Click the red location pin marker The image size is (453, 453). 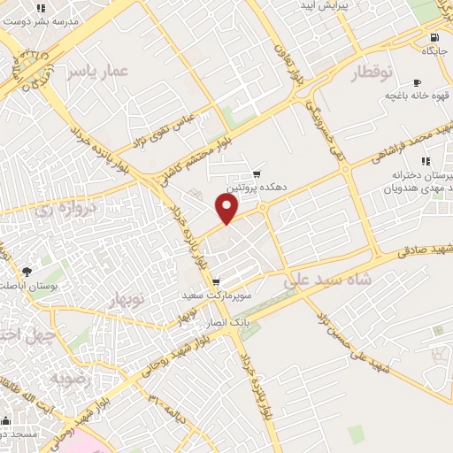click(x=227, y=209)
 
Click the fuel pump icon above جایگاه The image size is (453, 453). click(x=434, y=37)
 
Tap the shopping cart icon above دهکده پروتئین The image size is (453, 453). click(x=257, y=174)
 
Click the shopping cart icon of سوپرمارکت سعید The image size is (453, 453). click(x=216, y=282)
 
